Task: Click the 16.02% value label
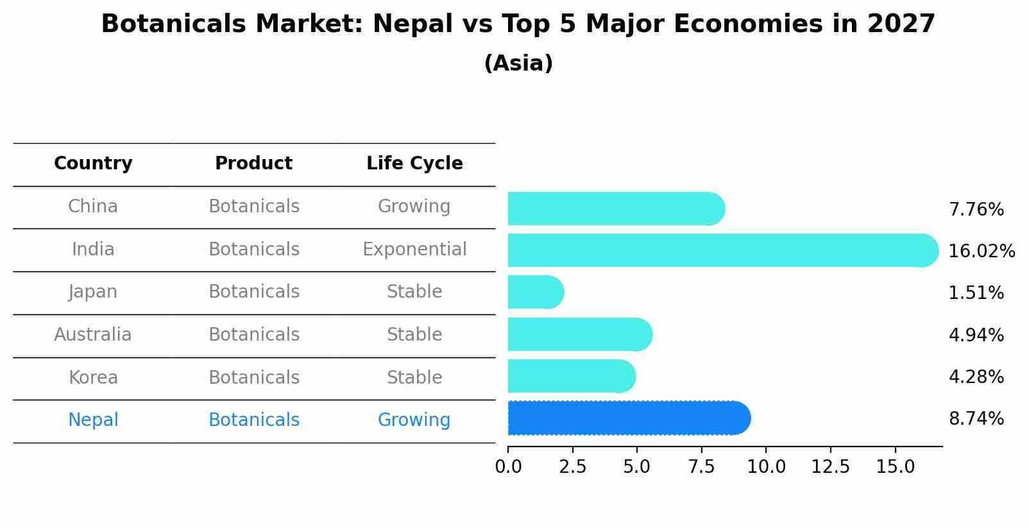[981, 251]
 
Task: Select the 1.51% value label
[976, 293]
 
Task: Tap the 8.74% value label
[976, 419]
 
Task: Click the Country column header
[93, 164]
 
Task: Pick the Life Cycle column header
[414, 164]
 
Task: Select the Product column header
[253, 164]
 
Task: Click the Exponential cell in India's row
[414, 250]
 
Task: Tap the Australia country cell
[93, 335]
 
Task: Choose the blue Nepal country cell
[93, 420]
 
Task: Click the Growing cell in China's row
[414, 207]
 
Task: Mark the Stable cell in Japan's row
[414, 292]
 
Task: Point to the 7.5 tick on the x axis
[701, 466]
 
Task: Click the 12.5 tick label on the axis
[830, 466]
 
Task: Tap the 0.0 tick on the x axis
[508, 466]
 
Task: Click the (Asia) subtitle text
[518, 64]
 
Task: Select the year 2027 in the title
[901, 24]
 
